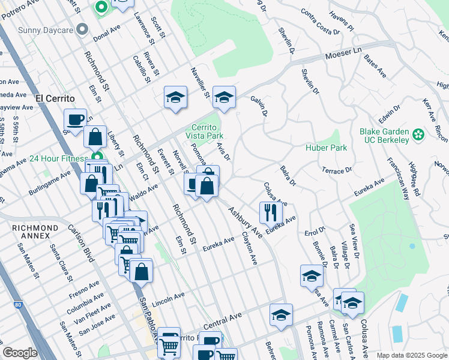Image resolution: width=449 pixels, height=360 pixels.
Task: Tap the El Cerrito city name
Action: coord(55,98)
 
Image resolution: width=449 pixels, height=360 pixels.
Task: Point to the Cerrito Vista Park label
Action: coord(207,131)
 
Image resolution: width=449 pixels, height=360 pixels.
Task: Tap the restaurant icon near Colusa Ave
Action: coord(271,212)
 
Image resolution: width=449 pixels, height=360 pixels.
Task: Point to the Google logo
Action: coord(20,353)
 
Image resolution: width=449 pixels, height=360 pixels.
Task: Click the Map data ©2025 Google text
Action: coord(411,355)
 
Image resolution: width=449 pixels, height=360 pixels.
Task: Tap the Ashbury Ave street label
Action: coord(244,223)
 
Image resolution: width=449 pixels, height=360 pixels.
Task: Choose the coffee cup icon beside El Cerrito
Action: coord(76,119)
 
